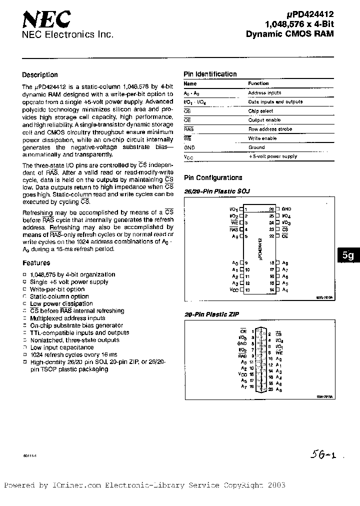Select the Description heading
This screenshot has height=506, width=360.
pos(40,75)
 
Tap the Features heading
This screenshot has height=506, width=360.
pos(36,262)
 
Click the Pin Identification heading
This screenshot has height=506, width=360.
pos(210,74)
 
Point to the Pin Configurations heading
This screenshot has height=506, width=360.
pos(213,177)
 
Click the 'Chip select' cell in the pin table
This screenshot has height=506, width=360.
pos(260,111)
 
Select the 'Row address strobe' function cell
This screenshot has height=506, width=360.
pos(270,129)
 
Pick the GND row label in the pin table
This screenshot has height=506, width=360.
pos(189,147)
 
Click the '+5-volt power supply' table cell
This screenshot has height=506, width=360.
pos(272,156)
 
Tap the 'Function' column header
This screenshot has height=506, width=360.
pos(258,83)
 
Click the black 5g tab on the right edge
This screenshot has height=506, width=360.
pos(348,255)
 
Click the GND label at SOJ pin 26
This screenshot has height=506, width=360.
pos(286,209)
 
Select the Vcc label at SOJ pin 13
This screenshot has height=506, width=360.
pos(234,289)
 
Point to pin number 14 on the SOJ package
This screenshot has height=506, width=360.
pos(272,289)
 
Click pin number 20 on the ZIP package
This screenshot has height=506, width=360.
pos(270,389)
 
